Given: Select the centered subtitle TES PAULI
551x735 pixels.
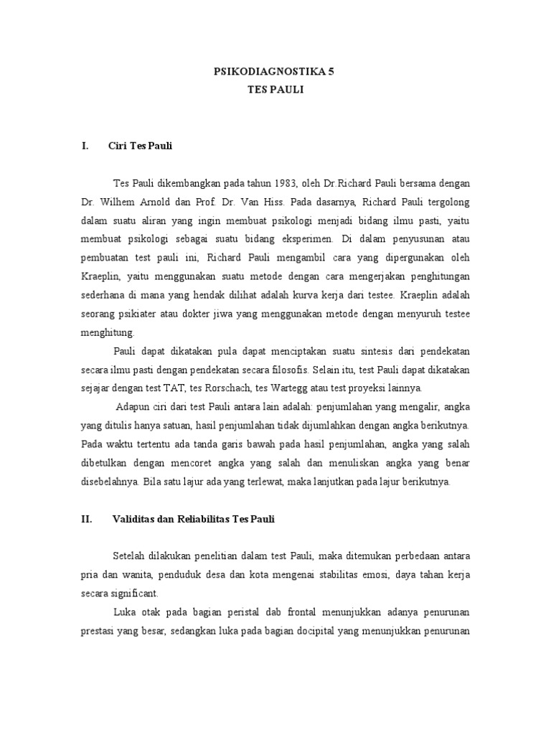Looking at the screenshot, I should pos(275,92).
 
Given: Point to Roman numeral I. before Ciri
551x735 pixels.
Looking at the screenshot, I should pos(85,146).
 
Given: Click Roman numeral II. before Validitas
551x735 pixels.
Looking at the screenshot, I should pos(87,519).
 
